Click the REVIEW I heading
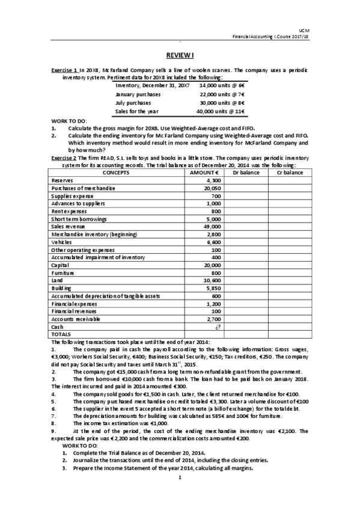(x=180, y=55)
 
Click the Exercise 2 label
(x=64, y=158)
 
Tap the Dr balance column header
(x=245, y=172)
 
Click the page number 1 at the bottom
(x=180, y=495)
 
